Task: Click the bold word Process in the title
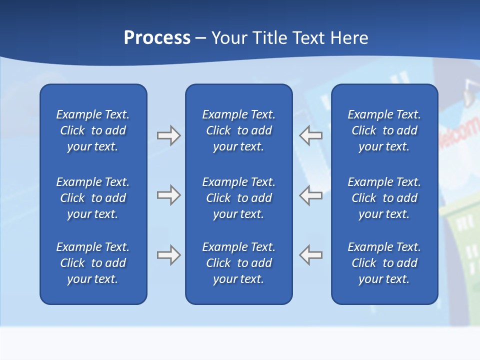pos(157,38)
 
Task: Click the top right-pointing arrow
pos(168,135)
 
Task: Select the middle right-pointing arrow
pos(168,195)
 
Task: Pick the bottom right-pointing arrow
pos(168,255)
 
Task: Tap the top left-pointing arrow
pos(311,135)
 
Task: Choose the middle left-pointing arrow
pos(311,195)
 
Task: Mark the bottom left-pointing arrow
pos(311,255)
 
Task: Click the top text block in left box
pos(93,130)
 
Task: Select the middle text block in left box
pos(93,198)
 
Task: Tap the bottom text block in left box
pos(93,263)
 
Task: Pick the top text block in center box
pos(238,130)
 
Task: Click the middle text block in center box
pos(238,198)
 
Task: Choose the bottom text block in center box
pos(238,263)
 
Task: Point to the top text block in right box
pos(384,130)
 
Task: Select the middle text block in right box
pos(384,198)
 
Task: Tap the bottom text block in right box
pos(384,263)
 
